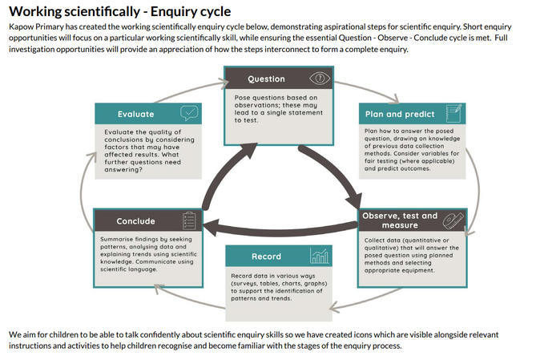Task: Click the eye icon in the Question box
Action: pyautogui.click(x=320, y=79)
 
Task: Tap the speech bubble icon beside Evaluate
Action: pyautogui.click(x=189, y=113)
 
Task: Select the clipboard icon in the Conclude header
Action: pyautogui.click(x=189, y=220)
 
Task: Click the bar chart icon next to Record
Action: pyautogui.click(x=319, y=257)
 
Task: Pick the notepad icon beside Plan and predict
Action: pyautogui.click(x=453, y=113)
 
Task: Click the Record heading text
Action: pyautogui.click(x=266, y=257)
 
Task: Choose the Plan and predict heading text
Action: pyautogui.click(x=398, y=114)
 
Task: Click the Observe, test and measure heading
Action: pyautogui.click(x=400, y=220)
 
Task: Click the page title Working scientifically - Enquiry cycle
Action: pyautogui.click(x=120, y=11)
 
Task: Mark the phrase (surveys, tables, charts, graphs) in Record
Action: pyautogui.click(x=277, y=285)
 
